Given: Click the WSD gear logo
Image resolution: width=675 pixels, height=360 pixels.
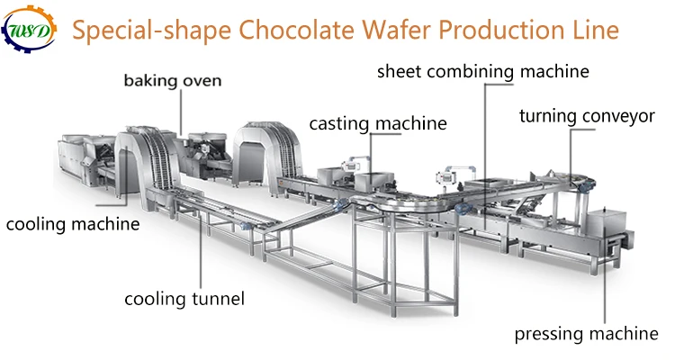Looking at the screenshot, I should pos(30,31).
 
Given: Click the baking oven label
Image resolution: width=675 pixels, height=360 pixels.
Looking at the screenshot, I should pos(173,82).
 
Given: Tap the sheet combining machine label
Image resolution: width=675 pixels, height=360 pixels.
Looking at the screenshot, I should pos(483,70).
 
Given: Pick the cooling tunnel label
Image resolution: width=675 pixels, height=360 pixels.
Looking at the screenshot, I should pos(184,298).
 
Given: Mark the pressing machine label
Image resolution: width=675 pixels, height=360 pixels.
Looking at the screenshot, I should pos(586,335).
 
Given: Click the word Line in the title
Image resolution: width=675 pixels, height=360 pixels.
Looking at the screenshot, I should pos(596,31).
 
